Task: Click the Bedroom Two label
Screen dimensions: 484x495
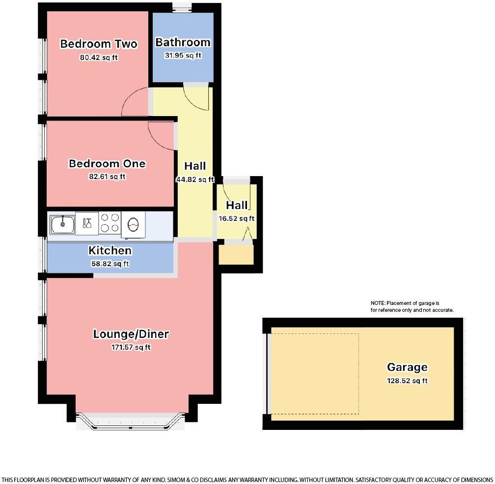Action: click(98, 44)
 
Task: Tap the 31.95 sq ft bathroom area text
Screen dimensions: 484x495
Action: click(183, 56)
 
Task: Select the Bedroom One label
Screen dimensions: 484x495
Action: click(107, 163)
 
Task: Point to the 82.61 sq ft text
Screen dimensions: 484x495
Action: click(107, 177)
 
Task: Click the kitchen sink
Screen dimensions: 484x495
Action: click(62, 224)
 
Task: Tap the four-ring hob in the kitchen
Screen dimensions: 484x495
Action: click(110, 222)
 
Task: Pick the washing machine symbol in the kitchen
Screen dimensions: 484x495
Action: click(133, 224)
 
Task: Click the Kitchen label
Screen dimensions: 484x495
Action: click(110, 250)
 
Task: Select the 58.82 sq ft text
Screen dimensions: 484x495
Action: click(110, 264)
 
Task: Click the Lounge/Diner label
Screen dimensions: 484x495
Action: click(131, 334)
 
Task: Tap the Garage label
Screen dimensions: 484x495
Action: click(407, 367)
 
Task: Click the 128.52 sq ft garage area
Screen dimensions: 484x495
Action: click(407, 381)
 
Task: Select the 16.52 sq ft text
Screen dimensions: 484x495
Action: click(236, 219)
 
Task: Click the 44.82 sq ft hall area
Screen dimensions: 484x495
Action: click(195, 180)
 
